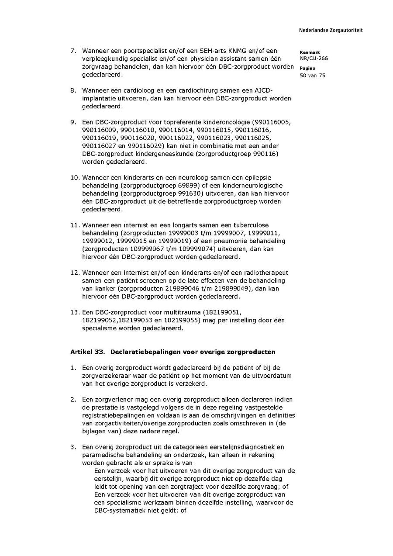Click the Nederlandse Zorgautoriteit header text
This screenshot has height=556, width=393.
[x=331, y=30]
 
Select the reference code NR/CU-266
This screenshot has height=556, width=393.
[x=314, y=59]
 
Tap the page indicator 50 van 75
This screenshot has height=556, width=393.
[x=312, y=75]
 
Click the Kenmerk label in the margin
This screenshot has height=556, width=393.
[x=310, y=52]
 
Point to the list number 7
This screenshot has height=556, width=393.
[x=73, y=51]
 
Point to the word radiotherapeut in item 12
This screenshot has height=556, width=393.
[x=266, y=273]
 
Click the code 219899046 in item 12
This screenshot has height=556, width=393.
[x=180, y=289]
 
